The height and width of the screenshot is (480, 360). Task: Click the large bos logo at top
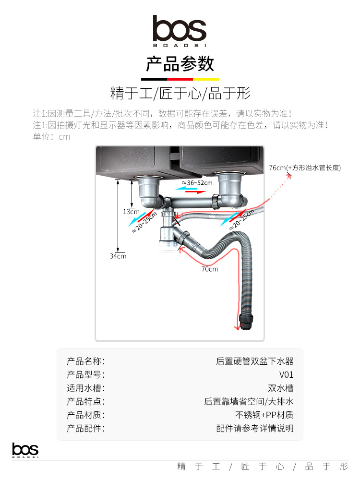point(180,31)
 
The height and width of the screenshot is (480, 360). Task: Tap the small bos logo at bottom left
point(25,450)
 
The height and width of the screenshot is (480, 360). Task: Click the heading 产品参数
point(180,64)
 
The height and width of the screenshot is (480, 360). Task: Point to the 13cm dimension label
point(131,212)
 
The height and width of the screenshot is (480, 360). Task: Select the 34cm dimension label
point(118,256)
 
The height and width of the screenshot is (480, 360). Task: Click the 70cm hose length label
point(210,269)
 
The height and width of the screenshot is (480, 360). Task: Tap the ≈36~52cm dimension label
point(197,183)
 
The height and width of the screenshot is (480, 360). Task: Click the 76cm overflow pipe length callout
point(305,168)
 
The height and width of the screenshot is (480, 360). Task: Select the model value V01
point(286,375)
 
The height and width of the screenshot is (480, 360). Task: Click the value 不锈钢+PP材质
point(264,415)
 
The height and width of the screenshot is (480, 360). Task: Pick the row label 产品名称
point(86,361)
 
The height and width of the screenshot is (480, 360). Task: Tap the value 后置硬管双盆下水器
point(255,361)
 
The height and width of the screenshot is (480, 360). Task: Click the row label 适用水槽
point(86,388)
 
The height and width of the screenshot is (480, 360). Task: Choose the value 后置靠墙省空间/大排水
point(249,401)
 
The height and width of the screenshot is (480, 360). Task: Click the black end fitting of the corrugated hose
point(246,321)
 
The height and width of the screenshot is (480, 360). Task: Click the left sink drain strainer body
point(149,190)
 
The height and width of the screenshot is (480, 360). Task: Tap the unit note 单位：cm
point(51,136)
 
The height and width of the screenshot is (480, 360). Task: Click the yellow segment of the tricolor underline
point(206,79)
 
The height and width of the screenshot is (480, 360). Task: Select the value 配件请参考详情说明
point(255,428)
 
